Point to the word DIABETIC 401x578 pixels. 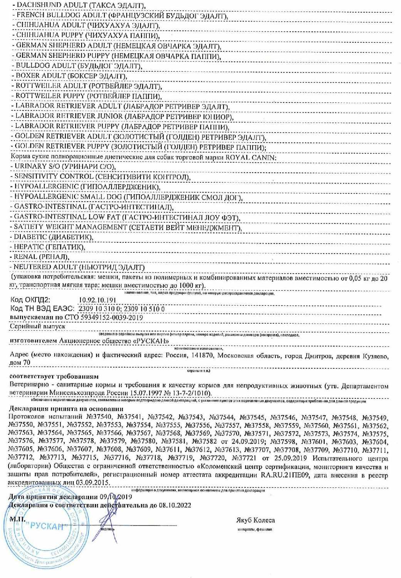30,237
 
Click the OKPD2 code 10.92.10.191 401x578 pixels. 97,300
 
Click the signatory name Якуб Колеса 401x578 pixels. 255,520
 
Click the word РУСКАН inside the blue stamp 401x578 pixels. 47,526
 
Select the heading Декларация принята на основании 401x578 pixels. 66,409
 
